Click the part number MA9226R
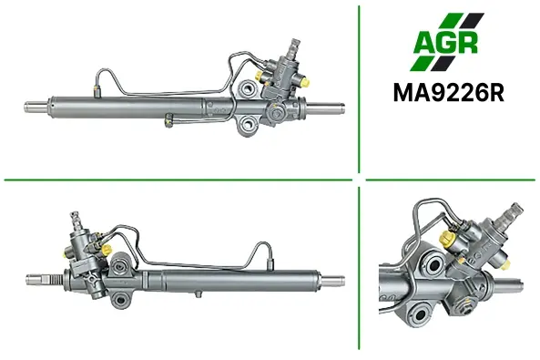[449, 92]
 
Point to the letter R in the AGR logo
[467, 43]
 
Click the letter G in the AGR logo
[446, 43]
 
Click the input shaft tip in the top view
[295, 45]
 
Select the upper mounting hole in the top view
[247, 88]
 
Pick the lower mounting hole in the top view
[248, 123]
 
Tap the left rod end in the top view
[36, 107]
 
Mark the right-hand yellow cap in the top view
[305, 82]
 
